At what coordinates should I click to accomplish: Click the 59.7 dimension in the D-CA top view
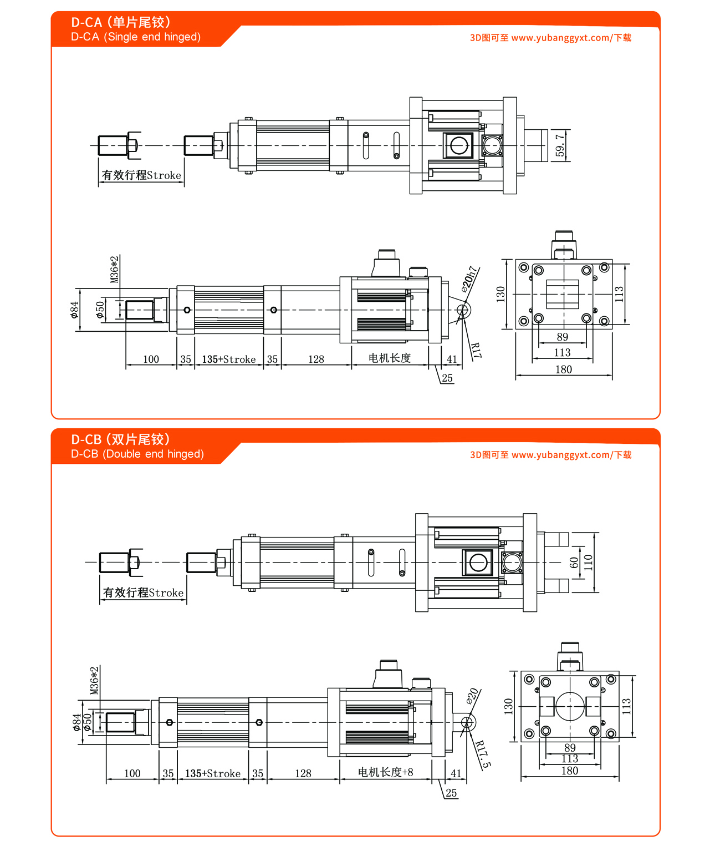(x=560, y=145)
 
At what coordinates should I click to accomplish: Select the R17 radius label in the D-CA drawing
(x=476, y=350)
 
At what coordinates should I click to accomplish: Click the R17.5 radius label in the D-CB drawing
(x=483, y=754)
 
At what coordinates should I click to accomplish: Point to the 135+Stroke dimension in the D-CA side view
(x=228, y=359)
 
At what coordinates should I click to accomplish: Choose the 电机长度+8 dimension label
(x=385, y=772)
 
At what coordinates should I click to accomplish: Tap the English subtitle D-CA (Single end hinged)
(x=136, y=37)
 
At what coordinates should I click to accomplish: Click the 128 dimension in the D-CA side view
(x=316, y=359)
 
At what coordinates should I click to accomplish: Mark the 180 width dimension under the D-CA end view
(x=563, y=369)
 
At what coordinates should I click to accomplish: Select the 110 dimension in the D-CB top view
(x=588, y=562)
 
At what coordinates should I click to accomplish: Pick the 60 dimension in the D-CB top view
(x=574, y=562)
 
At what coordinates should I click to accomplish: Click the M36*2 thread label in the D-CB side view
(x=95, y=681)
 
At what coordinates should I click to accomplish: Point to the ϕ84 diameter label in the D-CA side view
(x=75, y=310)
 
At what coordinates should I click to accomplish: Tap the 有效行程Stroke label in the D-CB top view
(x=143, y=593)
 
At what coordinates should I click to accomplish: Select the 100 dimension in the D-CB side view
(x=132, y=773)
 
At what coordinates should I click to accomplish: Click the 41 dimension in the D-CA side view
(x=452, y=359)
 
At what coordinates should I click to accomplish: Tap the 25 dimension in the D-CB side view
(x=451, y=793)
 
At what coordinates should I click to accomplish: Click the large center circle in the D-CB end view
(x=570, y=706)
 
